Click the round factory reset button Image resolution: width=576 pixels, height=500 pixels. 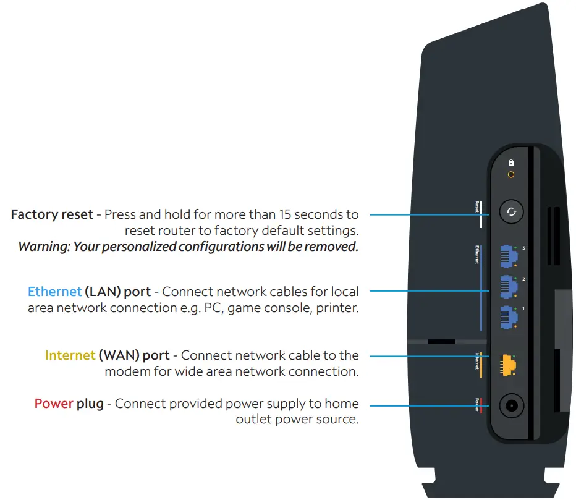pos(511,213)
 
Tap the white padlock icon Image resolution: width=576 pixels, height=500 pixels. pos(511,163)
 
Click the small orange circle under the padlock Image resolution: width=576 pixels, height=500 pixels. pos(511,175)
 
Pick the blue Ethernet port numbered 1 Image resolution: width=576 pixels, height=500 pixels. pos(508,316)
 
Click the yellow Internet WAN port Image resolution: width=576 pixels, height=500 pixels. pos(508,365)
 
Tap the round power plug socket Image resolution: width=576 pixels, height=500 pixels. pos(511,405)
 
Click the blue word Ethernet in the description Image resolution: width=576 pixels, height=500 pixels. pos(54,291)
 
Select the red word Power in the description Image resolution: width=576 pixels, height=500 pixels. pos(54,404)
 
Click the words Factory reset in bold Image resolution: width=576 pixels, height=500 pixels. pos(52,214)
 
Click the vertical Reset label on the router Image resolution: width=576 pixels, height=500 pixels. pos(478,206)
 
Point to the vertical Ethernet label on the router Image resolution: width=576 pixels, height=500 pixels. pos(478,254)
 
